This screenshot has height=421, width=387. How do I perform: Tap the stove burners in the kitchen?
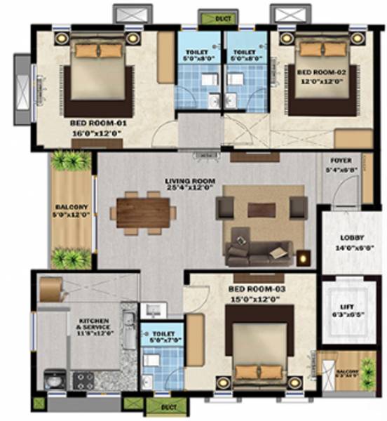[83, 380]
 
